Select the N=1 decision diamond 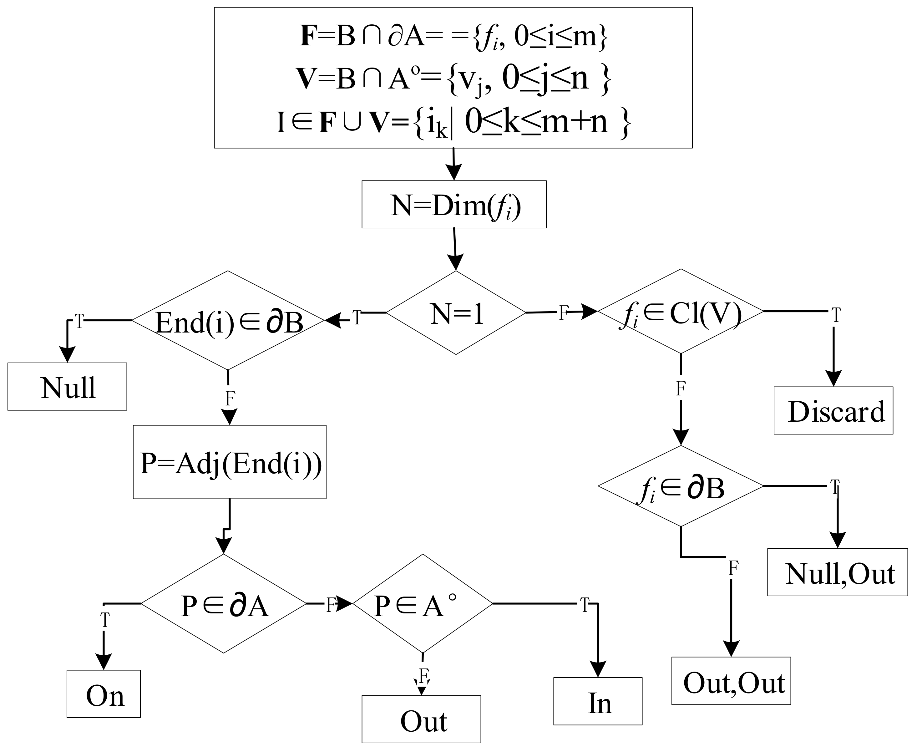click(456, 313)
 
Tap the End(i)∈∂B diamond click(228, 321)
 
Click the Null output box click(67, 386)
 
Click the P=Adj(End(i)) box click(230, 462)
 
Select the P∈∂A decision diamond click(224, 603)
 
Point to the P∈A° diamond click(422, 603)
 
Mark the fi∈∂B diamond click(681, 486)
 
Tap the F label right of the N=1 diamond click(563, 313)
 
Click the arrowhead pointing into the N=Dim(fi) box click(454, 173)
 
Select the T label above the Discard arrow click(836, 315)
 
